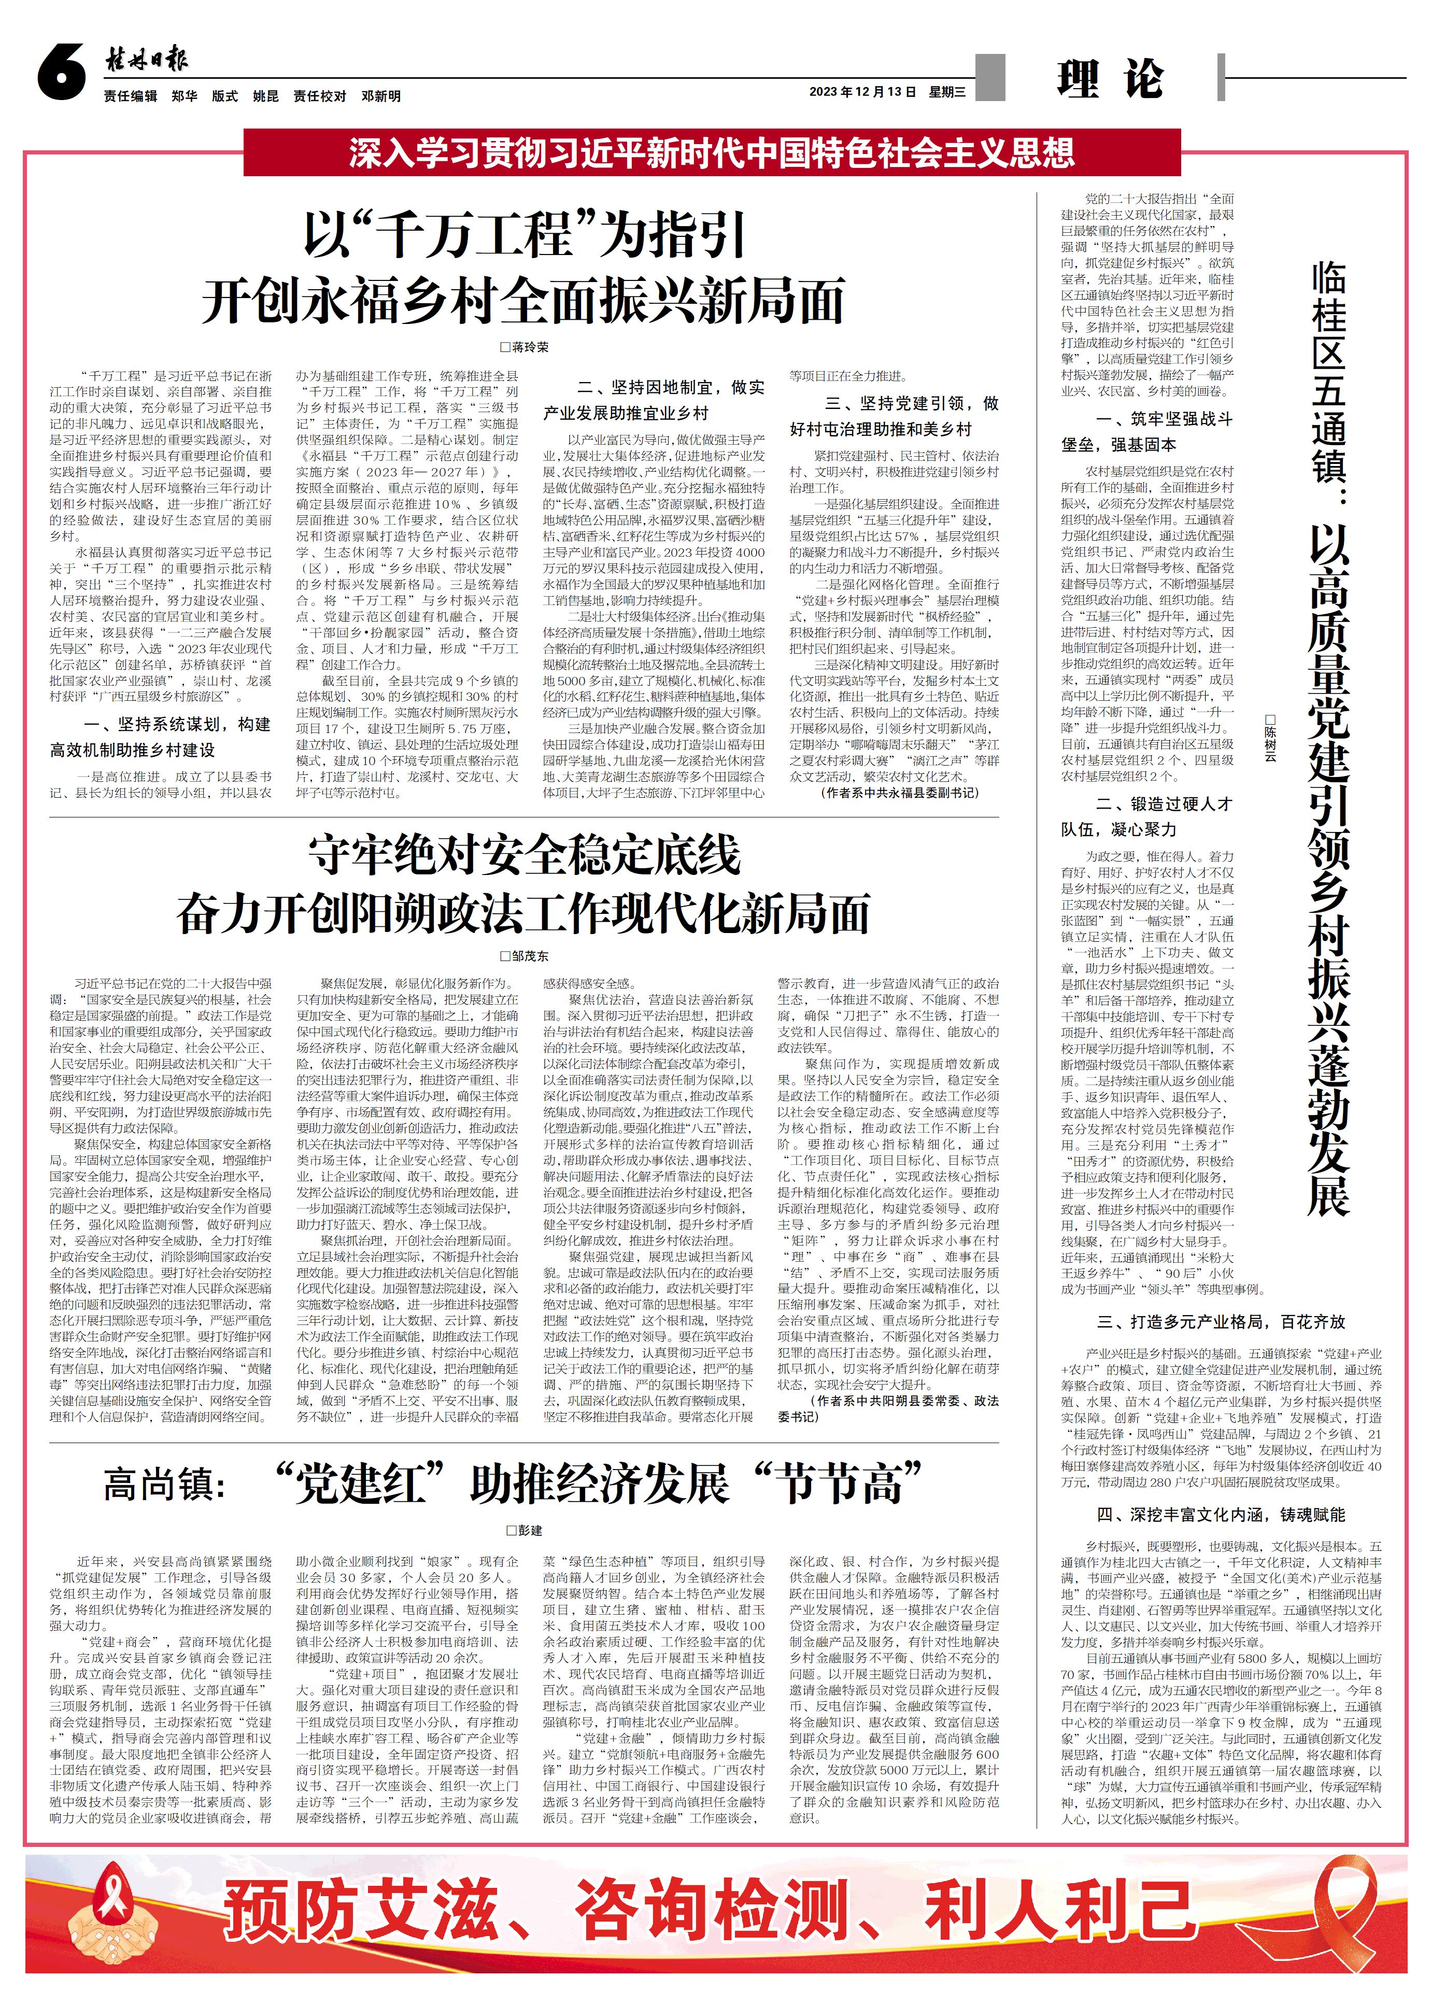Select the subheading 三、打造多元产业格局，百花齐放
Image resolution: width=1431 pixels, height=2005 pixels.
[1221, 1322]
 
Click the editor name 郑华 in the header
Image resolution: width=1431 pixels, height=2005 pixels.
[184, 96]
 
